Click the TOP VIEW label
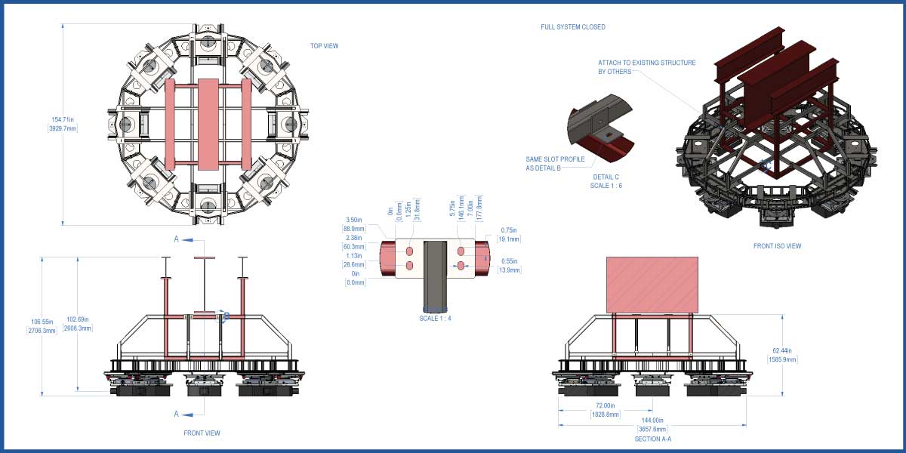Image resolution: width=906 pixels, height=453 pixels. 324,46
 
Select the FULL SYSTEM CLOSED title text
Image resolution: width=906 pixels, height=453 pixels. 572,27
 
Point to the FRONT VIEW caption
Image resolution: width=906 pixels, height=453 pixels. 202,433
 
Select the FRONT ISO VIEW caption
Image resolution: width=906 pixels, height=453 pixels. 777,246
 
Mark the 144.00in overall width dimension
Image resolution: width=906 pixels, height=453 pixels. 652,420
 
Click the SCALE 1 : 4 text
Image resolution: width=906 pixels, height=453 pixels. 435,319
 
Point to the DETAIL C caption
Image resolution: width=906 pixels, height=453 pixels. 606,177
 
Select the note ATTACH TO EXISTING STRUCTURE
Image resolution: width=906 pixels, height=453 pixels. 646,63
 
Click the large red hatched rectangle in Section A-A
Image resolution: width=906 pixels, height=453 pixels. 652,284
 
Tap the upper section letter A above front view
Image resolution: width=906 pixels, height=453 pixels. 177,239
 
